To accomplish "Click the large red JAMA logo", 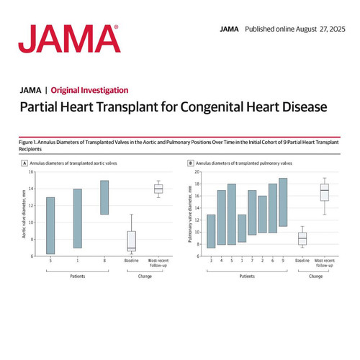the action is (x=69, y=39).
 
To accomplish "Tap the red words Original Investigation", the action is (x=89, y=90).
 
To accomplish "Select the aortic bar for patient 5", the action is (x=50, y=225).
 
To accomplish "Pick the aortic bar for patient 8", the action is (x=104, y=197).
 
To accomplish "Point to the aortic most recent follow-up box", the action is (x=158, y=189).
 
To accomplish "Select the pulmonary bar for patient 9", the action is (x=283, y=202).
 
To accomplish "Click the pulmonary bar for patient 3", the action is (x=211, y=231).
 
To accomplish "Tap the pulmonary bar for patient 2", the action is (x=262, y=215).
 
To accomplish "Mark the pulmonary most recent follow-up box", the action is (x=325, y=192).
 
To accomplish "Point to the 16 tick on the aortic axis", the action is (x=31, y=172).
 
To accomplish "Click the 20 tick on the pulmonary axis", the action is (x=197, y=172).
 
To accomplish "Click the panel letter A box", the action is (x=24, y=163).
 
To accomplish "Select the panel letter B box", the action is (x=190, y=163).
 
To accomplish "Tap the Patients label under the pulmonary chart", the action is (x=247, y=276).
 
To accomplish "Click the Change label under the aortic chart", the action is (x=145, y=276).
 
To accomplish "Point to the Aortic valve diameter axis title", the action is (x=24, y=214).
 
